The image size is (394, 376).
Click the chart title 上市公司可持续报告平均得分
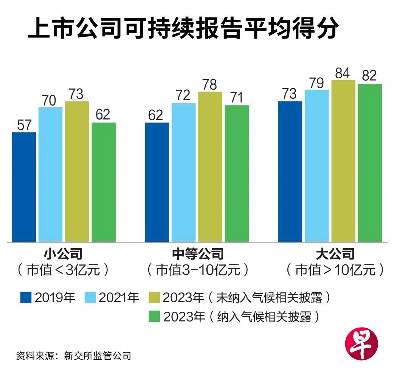[183, 30]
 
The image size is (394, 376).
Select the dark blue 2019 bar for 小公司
[24, 187]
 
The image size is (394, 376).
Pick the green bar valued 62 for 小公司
[104, 182]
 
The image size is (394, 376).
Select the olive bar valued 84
[343, 161]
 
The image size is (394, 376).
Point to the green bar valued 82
[370, 163]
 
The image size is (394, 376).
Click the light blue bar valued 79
[317, 166]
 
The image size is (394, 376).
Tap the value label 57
[24, 125]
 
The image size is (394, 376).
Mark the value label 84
[343, 73]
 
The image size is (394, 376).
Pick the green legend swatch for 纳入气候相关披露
[154, 316]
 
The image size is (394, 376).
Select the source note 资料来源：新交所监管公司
[73, 356]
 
